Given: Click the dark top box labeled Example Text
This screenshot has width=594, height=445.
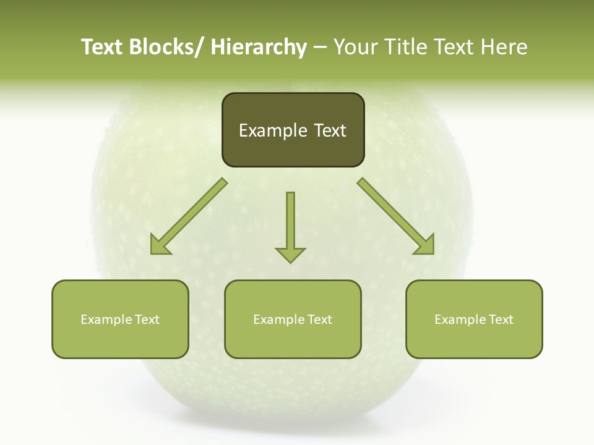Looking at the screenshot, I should (293, 130).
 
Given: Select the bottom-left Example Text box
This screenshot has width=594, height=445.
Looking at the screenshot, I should (120, 319).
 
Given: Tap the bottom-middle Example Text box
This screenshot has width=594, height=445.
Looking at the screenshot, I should (293, 319).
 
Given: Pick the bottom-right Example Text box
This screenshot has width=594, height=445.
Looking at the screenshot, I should (474, 319).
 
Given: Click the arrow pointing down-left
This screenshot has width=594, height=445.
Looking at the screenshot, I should (189, 216).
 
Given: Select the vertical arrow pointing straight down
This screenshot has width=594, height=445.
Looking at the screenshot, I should (290, 226).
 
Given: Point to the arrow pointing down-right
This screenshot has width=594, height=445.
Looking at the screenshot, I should (396, 216).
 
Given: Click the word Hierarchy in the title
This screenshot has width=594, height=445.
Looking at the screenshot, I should (259, 48).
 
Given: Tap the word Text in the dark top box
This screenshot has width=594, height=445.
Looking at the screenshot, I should (329, 130).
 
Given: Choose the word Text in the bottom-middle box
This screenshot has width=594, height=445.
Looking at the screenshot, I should (319, 320).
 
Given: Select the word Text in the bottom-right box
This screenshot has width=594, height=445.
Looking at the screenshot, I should (501, 320).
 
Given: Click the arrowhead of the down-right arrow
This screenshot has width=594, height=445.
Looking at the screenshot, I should (426, 246).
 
